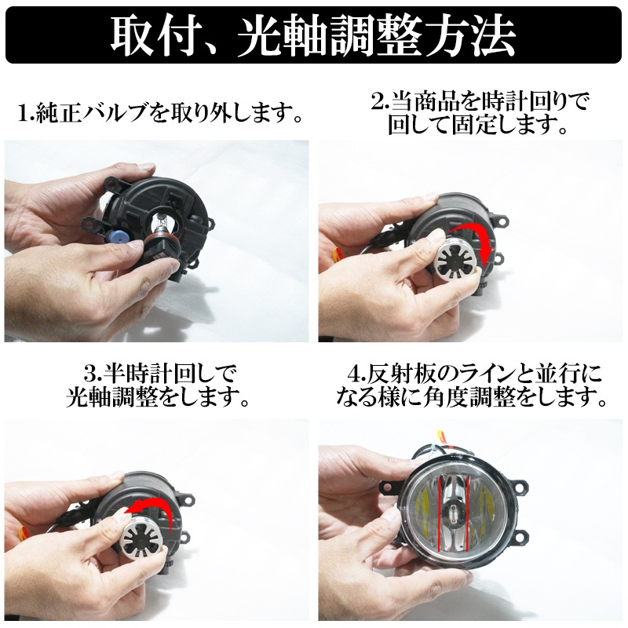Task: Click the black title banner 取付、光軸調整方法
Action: tap(314, 34)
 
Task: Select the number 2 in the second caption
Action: tap(377, 100)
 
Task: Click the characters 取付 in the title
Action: tap(153, 34)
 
